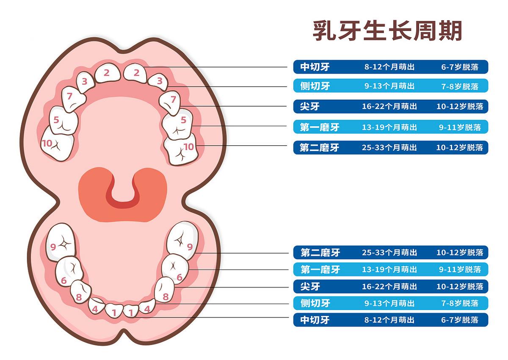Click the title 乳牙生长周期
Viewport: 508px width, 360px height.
click(387, 30)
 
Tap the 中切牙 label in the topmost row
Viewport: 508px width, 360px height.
click(315, 67)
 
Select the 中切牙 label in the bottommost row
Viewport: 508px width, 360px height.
click(315, 320)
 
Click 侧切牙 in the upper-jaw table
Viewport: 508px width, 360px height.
click(315, 86)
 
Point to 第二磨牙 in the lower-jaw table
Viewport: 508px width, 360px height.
click(320, 253)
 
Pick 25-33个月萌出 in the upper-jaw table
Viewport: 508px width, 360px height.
click(389, 147)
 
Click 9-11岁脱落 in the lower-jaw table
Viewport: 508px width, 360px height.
click(460, 269)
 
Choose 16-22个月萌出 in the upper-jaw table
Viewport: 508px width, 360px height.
click(389, 106)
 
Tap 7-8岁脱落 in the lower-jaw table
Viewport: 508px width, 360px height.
click(460, 303)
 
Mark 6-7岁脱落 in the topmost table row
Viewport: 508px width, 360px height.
click(460, 67)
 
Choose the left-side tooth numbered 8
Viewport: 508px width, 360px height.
click(80, 292)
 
